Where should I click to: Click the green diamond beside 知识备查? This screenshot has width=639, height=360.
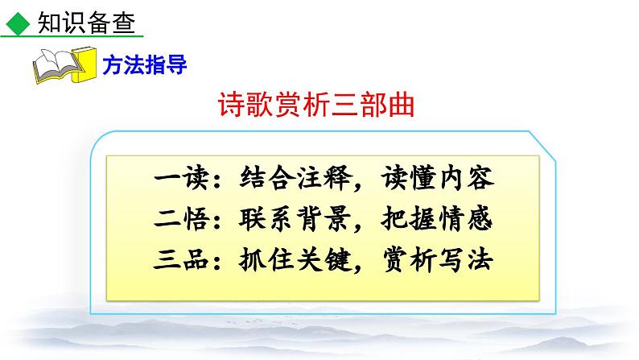14,24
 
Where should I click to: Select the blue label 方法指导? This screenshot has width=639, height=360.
145,66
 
